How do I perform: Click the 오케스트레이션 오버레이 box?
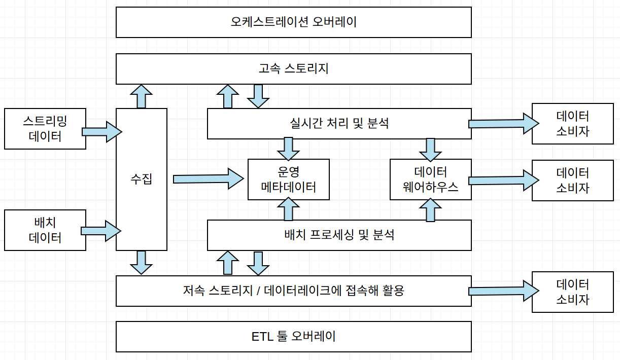pyautogui.click(x=293, y=22)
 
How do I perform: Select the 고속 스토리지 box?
pyautogui.click(x=293, y=68)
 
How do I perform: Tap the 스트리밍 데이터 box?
pyautogui.click(x=45, y=128)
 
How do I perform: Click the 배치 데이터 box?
pyautogui.click(x=45, y=230)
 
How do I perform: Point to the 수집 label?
pyautogui.click(x=142, y=179)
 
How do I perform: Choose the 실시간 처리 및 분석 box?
pyautogui.click(x=339, y=123)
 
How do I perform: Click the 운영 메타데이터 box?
pyautogui.click(x=288, y=179)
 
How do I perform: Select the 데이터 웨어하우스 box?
pyautogui.click(x=430, y=179)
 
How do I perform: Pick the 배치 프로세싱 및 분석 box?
pyautogui.click(x=339, y=235)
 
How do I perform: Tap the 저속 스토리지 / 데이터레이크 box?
pyautogui.click(x=293, y=291)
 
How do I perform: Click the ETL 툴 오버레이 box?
pyautogui.click(x=293, y=336)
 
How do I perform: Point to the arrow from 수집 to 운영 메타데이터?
pyautogui.click(x=208, y=179)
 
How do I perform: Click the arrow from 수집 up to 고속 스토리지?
pyautogui.click(x=141, y=96)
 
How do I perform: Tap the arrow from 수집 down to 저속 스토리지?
pyautogui.click(x=141, y=263)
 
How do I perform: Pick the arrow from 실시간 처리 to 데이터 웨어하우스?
pyautogui.click(x=431, y=149)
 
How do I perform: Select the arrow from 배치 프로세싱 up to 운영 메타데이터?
pyautogui.click(x=289, y=209)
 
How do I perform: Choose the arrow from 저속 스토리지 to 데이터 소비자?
pyautogui.click(x=502, y=291)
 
